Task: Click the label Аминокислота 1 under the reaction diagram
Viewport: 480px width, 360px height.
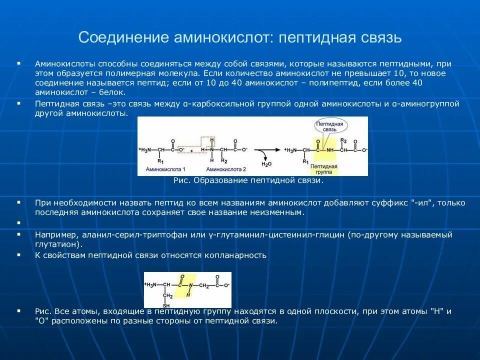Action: coord(165,169)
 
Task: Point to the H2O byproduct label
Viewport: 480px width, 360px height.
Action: coord(266,164)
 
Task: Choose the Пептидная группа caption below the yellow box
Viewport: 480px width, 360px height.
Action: coord(323,168)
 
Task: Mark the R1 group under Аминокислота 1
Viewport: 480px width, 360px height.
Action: coord(160,161)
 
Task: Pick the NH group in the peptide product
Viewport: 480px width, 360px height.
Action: coord(329,149)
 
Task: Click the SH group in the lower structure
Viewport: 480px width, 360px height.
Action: coord(166,305)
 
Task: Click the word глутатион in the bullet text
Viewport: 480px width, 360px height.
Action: coord(57,244)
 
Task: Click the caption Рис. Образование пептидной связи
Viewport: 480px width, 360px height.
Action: coord(248,180)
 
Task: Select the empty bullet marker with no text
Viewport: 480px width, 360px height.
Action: coord(18,222)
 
